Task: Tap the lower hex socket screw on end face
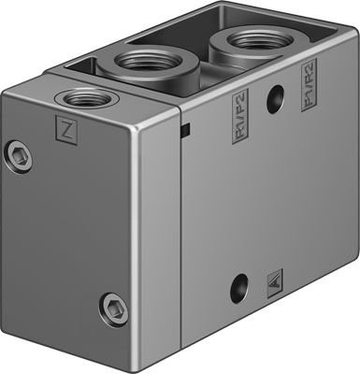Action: [x=111, y=306]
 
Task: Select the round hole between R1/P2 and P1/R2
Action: [x=275, y=100]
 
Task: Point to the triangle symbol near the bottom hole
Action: [x=273, y=279]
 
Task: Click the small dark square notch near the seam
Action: [x=187, y=128]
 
